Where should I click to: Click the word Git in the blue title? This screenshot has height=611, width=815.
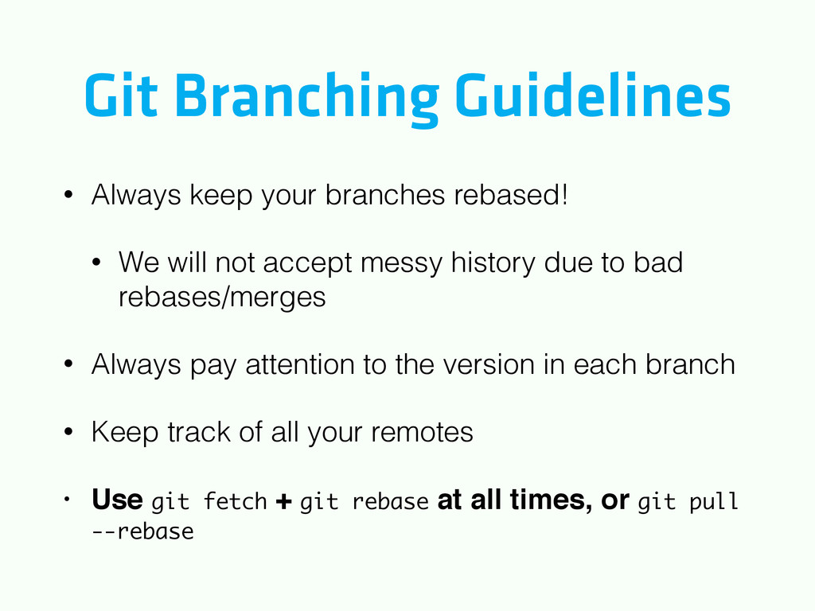[x=121, y=95]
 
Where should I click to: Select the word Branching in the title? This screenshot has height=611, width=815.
[x=306, y=99]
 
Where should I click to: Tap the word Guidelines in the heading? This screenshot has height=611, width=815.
[x=593, y=95]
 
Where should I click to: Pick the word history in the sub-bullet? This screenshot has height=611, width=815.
[x=493, y=263]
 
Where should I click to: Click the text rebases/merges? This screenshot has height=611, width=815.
[x=222, y=298]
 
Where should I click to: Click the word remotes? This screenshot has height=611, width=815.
[x=422, y=432]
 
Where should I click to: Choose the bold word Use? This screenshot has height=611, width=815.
[x=117, y=499]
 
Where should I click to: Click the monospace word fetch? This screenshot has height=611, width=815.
[x=235, y=501]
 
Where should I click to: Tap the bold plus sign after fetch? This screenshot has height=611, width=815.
[x=283, y=501]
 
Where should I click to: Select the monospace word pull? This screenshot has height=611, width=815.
[x=713, y=502]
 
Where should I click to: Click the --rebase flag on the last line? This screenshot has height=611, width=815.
[x=142, y=531]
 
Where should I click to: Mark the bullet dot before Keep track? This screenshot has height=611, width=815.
[x=68, y=432]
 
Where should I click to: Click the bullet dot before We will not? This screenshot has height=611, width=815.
[x=96, y=262]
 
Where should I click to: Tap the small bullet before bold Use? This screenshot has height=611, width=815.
[x=67, y=500]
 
